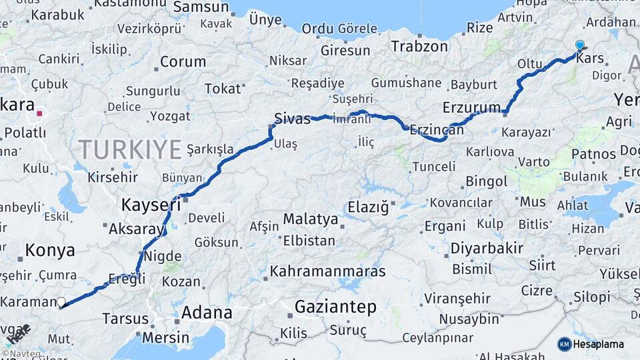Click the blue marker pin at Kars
(579, 45)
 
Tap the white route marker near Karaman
(61, 303)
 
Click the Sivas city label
(293, 119)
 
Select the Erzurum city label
(471, 107)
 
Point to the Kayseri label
(151, 204)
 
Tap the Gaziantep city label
(335, 307)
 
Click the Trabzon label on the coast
(419, 47)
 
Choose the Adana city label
(207, 312)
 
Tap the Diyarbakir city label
(487, 249)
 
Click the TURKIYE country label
(129, 149)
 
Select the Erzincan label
(437, 130)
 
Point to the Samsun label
(201, 7)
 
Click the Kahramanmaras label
(327, 271)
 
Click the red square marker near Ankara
(39, 113)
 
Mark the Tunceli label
(434, 166)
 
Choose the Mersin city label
(165, 337)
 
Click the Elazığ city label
(367, 208)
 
